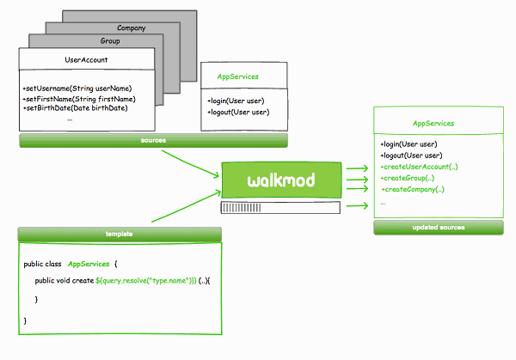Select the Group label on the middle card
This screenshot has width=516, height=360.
(109, 40)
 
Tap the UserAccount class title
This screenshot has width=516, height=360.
(86, 59)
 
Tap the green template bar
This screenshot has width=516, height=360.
(120, 233)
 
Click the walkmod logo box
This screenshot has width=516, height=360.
(280, 180)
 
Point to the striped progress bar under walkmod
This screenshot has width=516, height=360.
(280, 207)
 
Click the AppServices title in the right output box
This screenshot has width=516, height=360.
(433, 124)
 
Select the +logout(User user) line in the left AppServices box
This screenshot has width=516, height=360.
(238, 112)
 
